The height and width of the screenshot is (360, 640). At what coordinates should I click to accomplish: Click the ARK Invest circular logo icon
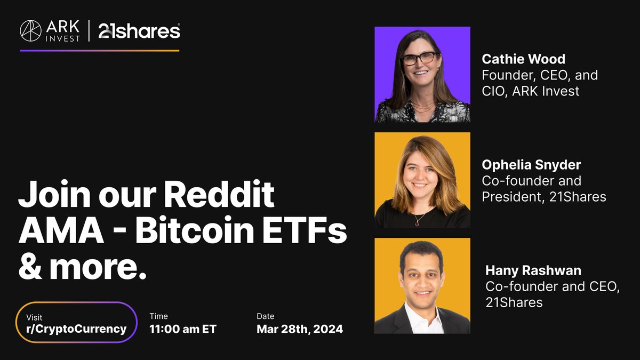(x=30, y=31)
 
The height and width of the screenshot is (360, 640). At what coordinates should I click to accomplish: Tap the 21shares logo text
(x=139, y=31)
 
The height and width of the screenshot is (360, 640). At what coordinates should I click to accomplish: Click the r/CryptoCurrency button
(x=77, y=323)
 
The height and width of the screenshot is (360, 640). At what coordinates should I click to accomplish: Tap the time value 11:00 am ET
(x=183, y=329)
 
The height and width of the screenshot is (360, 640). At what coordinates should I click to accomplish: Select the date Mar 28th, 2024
(x=299, y=329)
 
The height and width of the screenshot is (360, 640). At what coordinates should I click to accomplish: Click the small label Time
(x=158, y=316)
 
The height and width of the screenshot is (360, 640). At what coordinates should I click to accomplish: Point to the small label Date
(x=265, y=316)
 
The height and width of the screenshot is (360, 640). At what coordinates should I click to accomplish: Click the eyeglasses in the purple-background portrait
(x=419, y=58)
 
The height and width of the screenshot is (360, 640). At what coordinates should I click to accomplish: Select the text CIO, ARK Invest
(x=530, y=91)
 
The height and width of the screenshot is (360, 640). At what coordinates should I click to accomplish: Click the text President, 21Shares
(x=543, y=196)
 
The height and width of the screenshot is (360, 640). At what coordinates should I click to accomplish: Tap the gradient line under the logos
(x=99, y=51)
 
